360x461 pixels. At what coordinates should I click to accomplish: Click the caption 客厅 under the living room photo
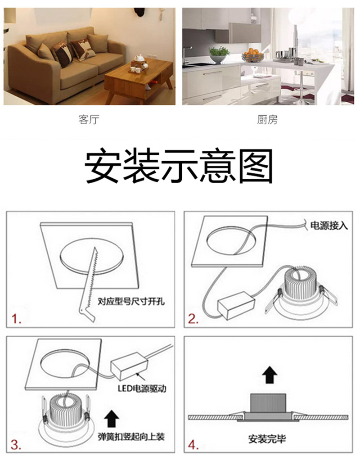[89, 120]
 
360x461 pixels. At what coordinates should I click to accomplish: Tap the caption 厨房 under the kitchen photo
[267, 120]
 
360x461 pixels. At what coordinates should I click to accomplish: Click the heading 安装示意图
[179, 167]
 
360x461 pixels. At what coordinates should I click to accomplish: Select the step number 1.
[16, 319]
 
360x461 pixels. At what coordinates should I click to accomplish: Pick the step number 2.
[193, 319]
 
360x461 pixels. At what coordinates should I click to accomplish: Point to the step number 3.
[16, 445]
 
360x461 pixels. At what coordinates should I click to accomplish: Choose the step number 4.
[193, 445]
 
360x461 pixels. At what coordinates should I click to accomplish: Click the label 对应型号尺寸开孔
[131, 301]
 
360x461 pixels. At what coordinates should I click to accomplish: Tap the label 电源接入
[329, 226]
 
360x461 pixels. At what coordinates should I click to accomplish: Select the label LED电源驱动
[142, 389]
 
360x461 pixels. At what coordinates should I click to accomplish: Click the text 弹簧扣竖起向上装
[131, 437]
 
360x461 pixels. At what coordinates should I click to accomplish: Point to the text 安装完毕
[267, 439]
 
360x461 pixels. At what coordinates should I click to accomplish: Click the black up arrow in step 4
[270, 375]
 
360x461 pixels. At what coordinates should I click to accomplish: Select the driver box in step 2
[236, 306]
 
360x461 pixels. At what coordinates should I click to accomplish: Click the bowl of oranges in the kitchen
[253, 55]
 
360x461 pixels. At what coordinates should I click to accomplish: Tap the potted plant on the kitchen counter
[219, 54]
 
